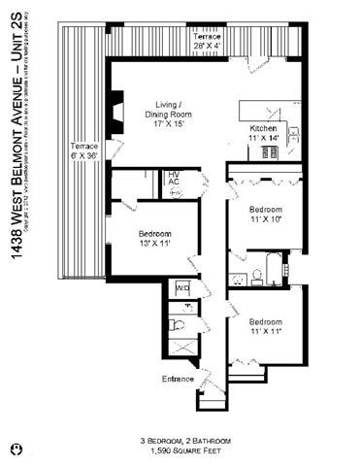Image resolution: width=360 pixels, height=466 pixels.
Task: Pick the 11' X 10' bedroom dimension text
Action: click(265, 218)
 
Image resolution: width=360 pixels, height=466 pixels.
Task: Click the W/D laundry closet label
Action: click(181, 288)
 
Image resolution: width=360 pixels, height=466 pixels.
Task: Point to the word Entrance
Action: click(178, 379)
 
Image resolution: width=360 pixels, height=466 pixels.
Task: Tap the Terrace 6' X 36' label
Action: click(84, 153)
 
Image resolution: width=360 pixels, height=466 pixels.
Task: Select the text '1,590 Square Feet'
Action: click(180, 451)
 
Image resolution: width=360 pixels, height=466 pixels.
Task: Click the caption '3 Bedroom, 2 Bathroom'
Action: click(180, 441)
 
